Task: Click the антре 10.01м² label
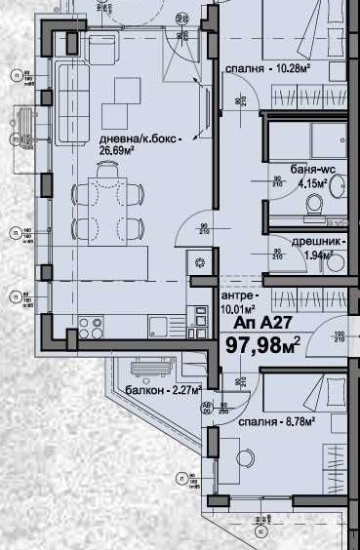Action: click(x=239, y=302)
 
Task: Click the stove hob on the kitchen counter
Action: click(x=93, y=325)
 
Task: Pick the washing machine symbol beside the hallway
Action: click(x=200, y=261)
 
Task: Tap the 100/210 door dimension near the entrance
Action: click(x=340, y=337)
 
